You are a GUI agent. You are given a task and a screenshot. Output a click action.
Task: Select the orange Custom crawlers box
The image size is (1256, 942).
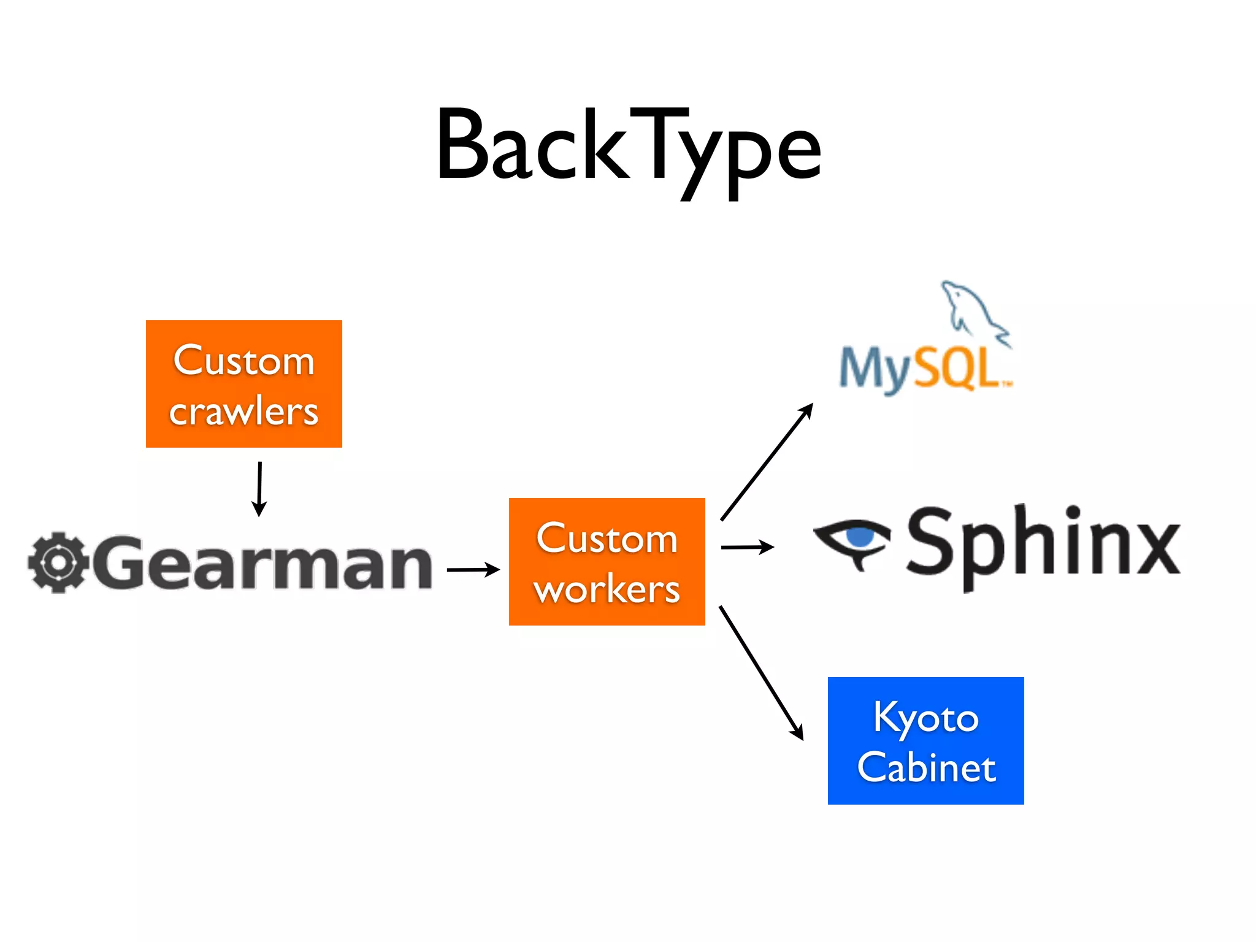pos(243,383)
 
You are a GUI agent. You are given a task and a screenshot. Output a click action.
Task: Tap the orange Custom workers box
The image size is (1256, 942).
pos(607,561)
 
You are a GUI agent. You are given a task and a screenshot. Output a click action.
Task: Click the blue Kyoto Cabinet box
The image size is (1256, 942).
pos(925,740)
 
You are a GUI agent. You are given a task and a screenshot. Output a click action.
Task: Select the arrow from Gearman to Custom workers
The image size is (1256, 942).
pos(473,570)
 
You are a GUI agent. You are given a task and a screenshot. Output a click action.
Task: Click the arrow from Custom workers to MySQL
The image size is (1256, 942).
pos(767,462)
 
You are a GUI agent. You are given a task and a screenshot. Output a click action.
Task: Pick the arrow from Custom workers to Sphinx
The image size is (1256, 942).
pos(747,546)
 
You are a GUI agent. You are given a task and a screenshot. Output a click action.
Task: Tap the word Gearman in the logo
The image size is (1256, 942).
pos(264,562)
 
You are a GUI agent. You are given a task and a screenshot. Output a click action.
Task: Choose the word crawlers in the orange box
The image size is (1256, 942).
pos(243,411)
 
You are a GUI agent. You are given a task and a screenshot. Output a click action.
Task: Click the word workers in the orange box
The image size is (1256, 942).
pos(607,589)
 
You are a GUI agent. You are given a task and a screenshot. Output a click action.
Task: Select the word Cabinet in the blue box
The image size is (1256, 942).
pos(926,767)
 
